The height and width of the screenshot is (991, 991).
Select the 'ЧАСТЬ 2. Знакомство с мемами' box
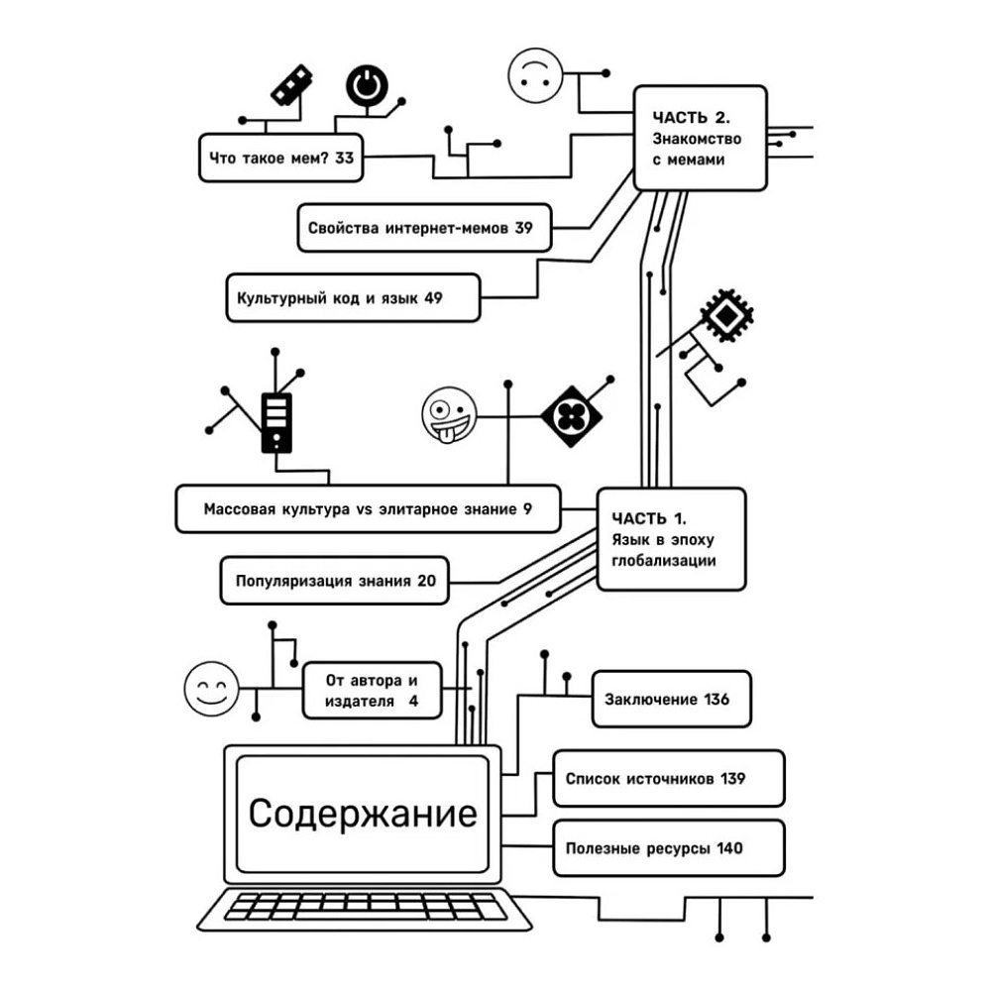click(700, 137)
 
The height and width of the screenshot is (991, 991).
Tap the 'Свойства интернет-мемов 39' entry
click(420, 228)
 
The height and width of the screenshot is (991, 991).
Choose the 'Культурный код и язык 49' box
click(353, 297)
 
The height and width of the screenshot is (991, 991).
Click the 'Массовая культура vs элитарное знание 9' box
click(368, 509)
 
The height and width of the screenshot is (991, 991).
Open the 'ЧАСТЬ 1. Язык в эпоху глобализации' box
click(671, 539)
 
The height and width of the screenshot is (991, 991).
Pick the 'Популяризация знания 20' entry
click(335, 581)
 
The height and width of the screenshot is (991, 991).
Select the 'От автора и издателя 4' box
click(372, 691)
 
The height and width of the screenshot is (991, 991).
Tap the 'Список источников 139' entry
click(668, 778)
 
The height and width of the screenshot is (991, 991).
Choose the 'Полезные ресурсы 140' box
click(668, 848)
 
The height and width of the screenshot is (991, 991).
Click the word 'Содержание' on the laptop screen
click(363, 815)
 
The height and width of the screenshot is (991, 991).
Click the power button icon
click(367, 87)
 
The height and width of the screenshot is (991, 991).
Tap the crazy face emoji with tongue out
click(448, 414)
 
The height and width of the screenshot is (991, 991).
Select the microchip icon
click(727, 317)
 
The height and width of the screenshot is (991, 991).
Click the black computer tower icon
click(276, 422)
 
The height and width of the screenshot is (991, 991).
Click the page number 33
click(344, 159)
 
